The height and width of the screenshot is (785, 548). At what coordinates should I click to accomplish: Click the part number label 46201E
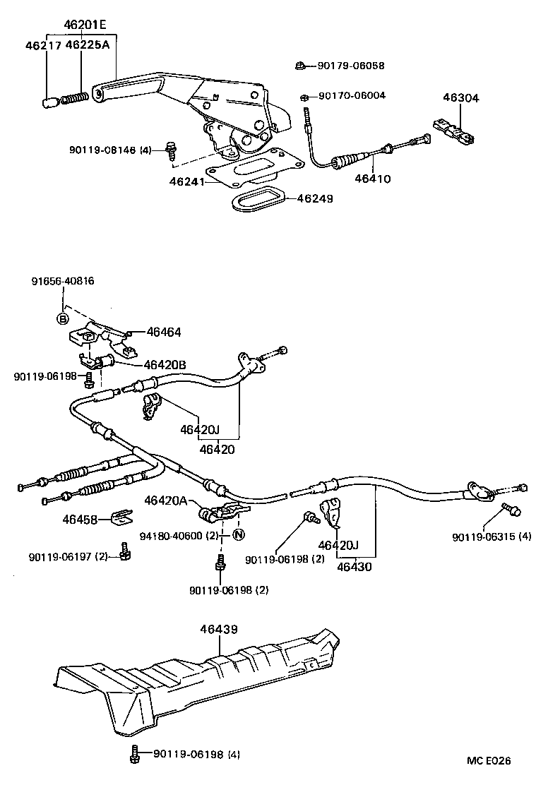point(84,25)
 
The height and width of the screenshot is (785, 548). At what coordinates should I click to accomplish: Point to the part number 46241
point(186,181)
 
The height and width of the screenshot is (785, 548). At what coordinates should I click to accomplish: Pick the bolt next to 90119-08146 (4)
point(169,148)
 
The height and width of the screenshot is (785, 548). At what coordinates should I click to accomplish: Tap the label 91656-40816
point(63,281)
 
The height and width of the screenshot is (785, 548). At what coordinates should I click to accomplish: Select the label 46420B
point(165,365)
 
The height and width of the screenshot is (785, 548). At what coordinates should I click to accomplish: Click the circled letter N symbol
point(238,534)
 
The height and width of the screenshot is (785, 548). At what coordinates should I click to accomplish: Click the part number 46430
point(355,566)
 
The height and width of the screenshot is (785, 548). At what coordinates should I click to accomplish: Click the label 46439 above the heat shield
point(218,628)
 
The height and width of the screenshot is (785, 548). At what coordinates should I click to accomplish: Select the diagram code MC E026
point(488,760)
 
